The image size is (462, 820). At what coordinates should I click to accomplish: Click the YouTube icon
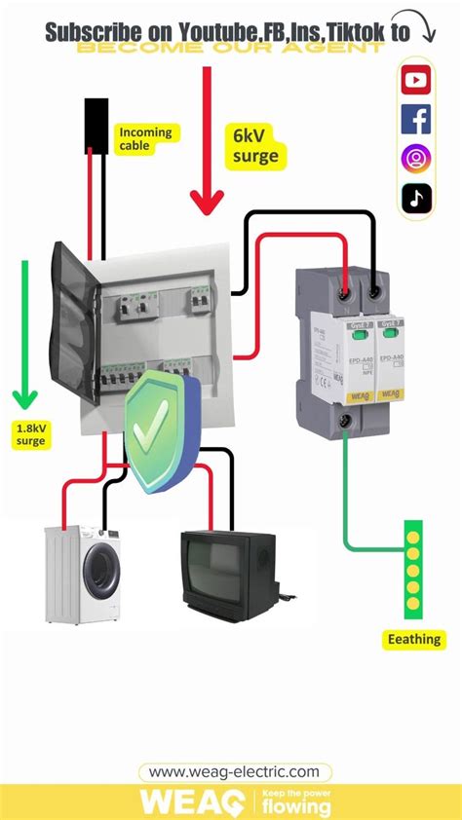coord(416,80)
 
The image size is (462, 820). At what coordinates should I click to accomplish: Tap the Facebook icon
coord(416,119)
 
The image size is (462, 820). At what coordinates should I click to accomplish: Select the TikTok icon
coord(416,198)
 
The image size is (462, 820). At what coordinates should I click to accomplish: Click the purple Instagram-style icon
coord(416,158)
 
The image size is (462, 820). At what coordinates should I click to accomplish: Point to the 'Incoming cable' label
coord(145,138)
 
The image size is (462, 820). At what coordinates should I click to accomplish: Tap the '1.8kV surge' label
coord(30,433)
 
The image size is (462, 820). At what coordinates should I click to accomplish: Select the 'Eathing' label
coord(413,640)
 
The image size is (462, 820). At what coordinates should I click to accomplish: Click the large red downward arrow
coord(207,141)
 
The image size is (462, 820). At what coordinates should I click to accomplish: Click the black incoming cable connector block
coord(96,124)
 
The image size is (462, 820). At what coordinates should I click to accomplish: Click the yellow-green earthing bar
coord(413,570)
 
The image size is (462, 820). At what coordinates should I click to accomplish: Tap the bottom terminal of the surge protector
coord(345,422)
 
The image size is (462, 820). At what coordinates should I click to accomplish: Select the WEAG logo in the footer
coord(193,801)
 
